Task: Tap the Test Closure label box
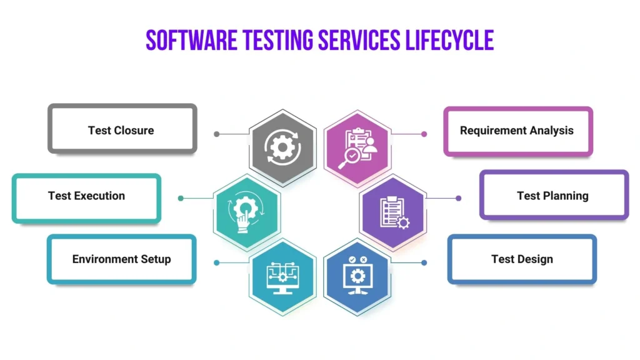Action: (122, 130)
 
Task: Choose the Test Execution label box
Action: (86, 196)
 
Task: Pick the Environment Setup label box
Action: (122, 259)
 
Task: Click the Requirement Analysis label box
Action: (517, 131)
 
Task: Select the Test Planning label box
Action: (554, 196)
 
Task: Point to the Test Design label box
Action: (522, 259)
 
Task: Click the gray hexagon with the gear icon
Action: (282, 148)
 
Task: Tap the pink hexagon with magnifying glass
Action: (357, 148)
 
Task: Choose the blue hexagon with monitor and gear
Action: (357, 276)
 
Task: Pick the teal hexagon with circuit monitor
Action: (282, 276)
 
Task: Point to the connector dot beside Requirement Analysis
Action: (424, 134)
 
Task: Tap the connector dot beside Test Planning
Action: (459, 198)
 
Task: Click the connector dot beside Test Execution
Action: (181, 198)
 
